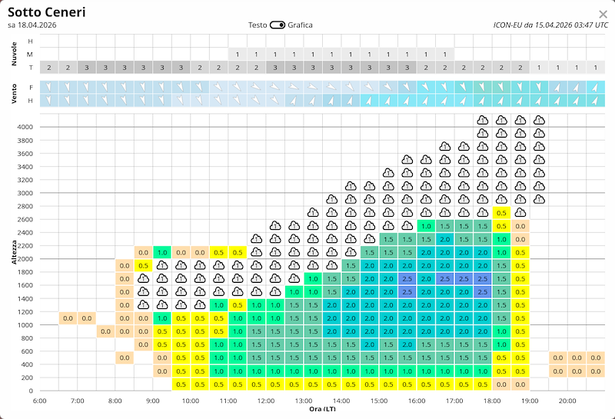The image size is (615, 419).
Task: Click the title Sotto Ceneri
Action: point(47,12)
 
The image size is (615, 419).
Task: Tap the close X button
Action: point(603,14)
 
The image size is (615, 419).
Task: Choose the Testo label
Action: point(258,25)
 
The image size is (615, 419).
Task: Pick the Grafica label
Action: point(301,25)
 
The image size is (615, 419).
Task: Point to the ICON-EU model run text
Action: point(550,25)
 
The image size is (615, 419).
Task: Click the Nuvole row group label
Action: point(13,55)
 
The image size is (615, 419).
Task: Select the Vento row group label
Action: point(13,94)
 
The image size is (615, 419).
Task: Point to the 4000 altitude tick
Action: point(26,127)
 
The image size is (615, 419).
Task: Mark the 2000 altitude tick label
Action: point(26,259)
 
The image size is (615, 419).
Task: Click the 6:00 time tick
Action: point(40,401)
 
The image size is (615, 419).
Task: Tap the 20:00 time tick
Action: point(567,401)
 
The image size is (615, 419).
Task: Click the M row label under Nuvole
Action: point(30,55)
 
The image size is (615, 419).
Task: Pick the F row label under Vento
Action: point(30,88)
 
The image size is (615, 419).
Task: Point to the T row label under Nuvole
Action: point(30,68)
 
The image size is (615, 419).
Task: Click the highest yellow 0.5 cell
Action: point(500,213)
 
